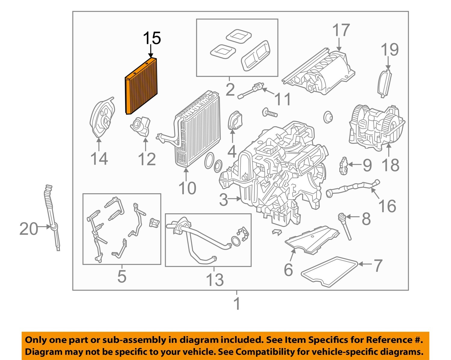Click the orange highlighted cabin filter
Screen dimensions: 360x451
pos(141,87)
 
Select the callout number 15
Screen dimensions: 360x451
pos(152,38)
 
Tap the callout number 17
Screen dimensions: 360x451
pos(341,31)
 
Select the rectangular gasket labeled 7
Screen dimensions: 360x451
pos(329,271)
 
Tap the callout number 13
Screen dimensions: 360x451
pos(215,280)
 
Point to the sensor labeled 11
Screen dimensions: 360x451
pos(251,91)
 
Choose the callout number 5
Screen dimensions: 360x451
pos(122,276)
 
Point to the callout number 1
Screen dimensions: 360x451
pos(237,304)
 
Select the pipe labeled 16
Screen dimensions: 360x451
pos(352,189)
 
